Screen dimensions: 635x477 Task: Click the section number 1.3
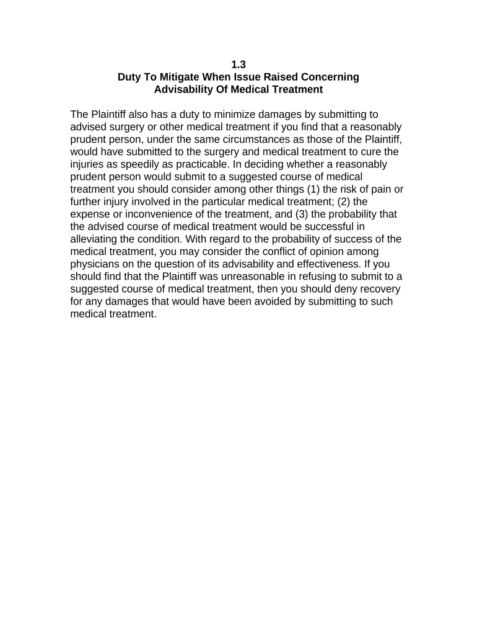tap(239, 64)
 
